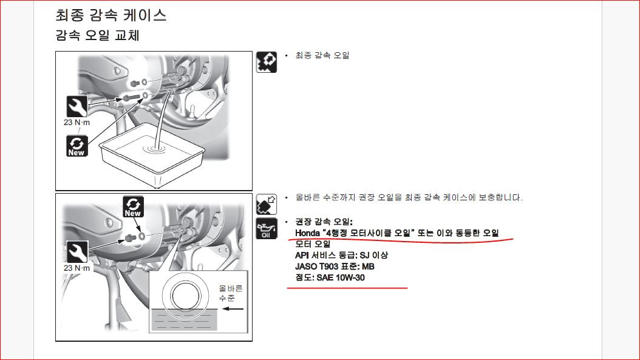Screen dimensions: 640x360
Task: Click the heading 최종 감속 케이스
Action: pos(111,15)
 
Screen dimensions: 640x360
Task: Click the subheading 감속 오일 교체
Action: pos(97,35)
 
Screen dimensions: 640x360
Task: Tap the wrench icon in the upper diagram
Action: pos(77,106)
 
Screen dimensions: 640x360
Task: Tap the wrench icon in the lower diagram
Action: pos(77,252)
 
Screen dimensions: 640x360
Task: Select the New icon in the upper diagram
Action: pos(77,146)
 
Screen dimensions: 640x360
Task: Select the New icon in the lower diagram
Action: pos(133,207)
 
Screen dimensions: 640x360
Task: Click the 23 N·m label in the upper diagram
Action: pos(77,123)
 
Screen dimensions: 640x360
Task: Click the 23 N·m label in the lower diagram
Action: pos(77,268)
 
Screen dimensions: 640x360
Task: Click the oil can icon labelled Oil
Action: pos(266,229)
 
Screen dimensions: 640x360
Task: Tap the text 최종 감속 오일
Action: pos(322,55)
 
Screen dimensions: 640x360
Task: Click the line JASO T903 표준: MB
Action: pos(335,267)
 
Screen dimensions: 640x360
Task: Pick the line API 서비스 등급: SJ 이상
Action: pos(342,256)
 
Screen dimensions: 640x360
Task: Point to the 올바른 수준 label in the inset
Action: pos(231,293)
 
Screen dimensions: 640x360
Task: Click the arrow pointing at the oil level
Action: pos(233,308)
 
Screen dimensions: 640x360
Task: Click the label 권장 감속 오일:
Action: pos(324,222)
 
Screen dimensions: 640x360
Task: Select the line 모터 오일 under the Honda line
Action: pos(313,244)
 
